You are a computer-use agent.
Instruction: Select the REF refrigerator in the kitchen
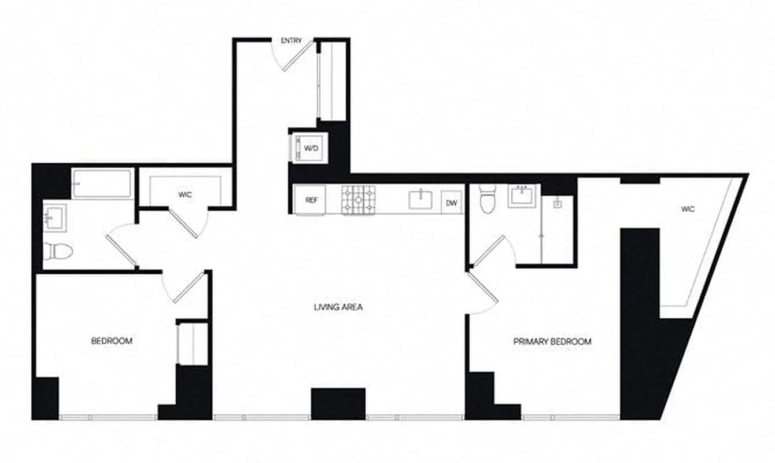click(311, 200)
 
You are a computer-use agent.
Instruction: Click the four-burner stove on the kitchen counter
click(359, 200)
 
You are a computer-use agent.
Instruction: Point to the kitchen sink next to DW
click(420, 200)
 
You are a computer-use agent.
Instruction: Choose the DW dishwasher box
click(452, 203)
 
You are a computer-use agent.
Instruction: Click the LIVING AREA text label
click(338, 307)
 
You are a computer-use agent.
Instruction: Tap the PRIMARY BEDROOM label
click(552, 341)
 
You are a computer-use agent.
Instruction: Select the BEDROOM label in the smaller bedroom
click(112, 341)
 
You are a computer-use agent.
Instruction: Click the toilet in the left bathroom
click(58, 251)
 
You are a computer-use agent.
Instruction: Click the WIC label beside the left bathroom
click(185, 195)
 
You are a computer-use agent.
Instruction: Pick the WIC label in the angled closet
click(687, 210)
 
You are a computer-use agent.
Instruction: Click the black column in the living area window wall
click(338, 403)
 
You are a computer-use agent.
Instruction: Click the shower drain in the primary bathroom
click(558, 204)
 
